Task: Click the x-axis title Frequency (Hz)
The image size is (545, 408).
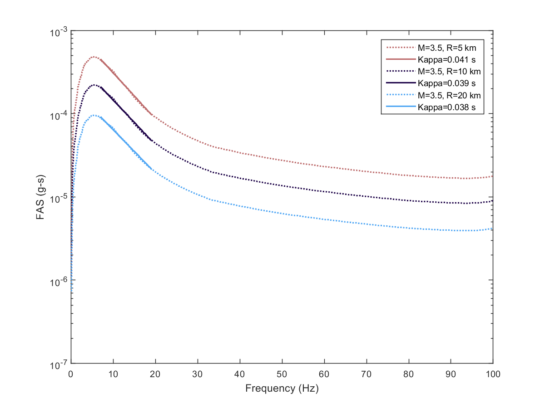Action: pyautogui.click(x=282, y=389)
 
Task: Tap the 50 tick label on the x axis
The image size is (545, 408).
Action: pyautogui.click(x=282, y=374)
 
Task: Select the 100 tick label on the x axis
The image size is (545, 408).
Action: pyautogui.click(x=493, y=374)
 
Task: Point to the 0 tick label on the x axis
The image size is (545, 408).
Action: pyautogui.click(x=71, y=374)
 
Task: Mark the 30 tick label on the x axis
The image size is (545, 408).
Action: pyautogui.click(x=198, y=374)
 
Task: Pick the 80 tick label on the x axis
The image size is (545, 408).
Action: pyautogui.click(x=409, y=374)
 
